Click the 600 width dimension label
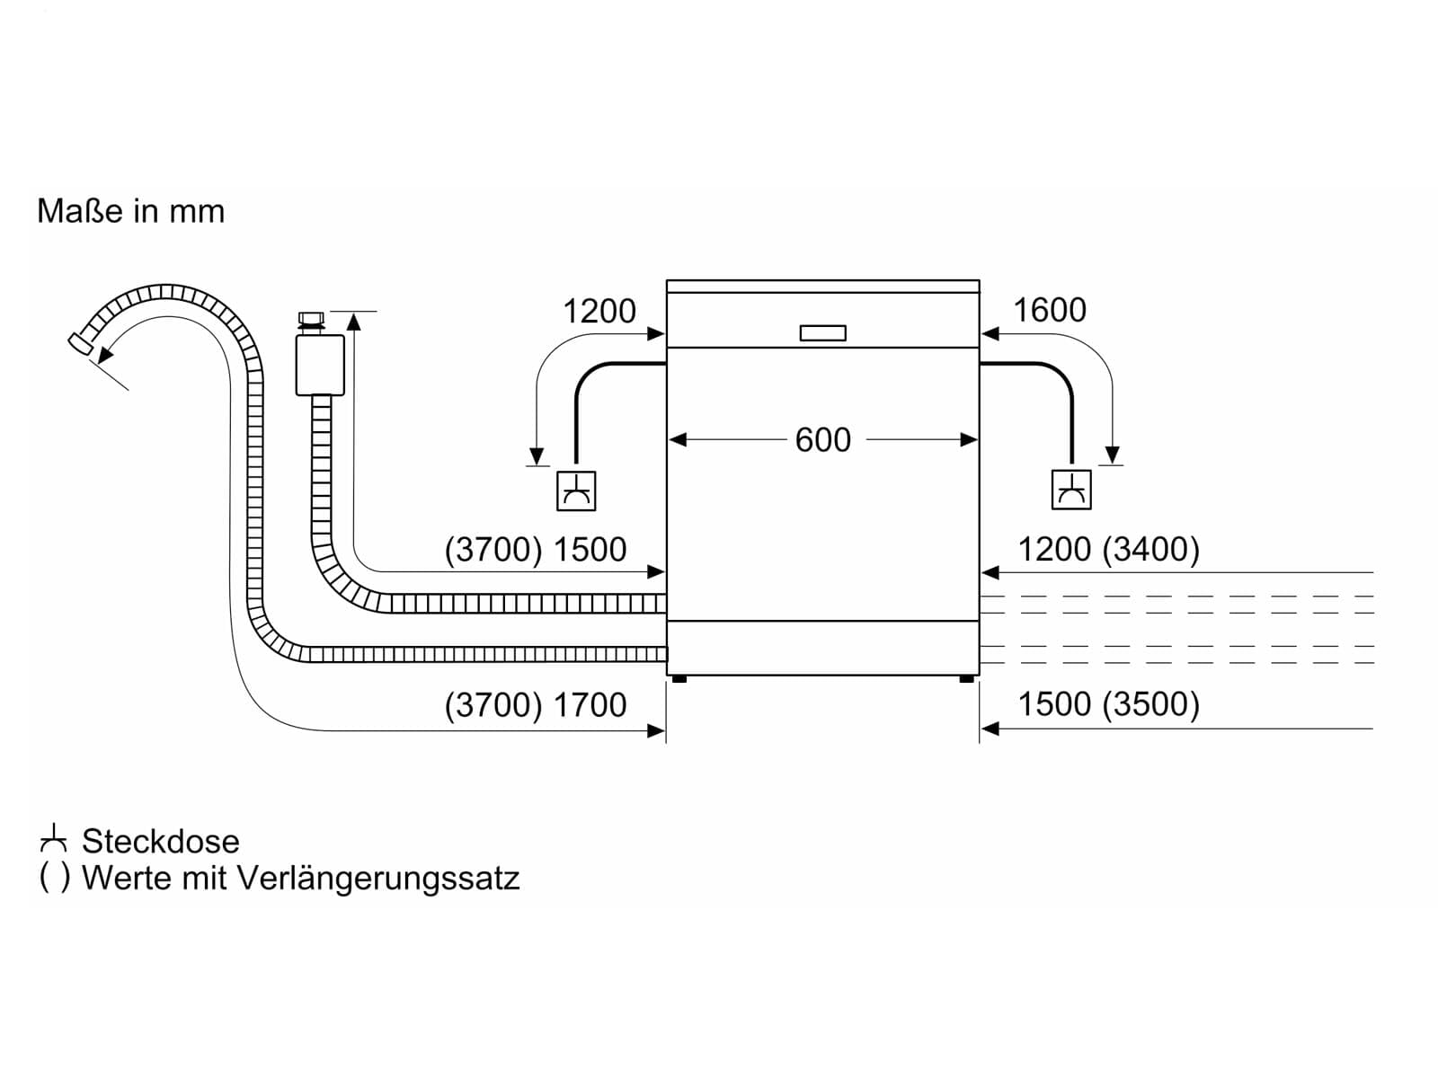click(x=822, y=440)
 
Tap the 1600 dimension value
click(x=1050, y=310)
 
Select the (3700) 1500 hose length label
click(x=536, y=549)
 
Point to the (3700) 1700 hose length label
click(x=536, y=705)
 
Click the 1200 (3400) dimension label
click(x=1108, y=549)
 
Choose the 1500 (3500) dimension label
click(x=1108, y=704)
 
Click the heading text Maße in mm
click(x=131, y=211)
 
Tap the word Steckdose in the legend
click(x=161, y=842)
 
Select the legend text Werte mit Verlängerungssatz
click(x=301, y=879)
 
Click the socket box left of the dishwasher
click(x=576, y=490)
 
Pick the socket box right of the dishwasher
click(x=1071, y=490)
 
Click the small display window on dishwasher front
click(x=823, y=333)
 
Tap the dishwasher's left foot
click(x=679, y=679)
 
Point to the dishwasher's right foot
click(x=966, y=679)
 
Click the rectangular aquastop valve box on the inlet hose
click(x=320, y=366)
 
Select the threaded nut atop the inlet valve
click(x=311, y=323)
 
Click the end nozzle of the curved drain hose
click(x=81, y=343)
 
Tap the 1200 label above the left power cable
click(x=599, y=311)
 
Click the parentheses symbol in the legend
click(x=55, y=879)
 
